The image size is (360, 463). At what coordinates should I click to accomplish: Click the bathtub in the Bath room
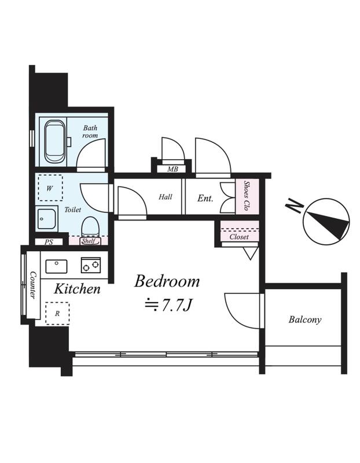coord(55,141)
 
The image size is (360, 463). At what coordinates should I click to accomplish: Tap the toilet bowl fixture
coord(90,226)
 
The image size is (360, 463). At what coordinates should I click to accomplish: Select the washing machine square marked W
coord(50,188)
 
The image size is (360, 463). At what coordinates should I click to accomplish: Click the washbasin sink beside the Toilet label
coord(47,219)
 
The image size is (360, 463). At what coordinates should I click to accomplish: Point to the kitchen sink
coord(56,266)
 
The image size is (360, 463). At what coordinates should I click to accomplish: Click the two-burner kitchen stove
coord(91,265)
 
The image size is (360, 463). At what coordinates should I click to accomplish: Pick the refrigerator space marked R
coord(57,313)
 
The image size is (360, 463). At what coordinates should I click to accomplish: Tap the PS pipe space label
coord(49,242)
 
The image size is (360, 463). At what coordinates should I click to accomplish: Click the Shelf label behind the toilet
coord(89,241)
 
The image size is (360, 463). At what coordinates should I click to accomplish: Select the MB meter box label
coord(172,169)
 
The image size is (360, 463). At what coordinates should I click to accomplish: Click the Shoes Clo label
coord(247,196)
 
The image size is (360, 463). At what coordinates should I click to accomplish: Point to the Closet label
coord(239,237)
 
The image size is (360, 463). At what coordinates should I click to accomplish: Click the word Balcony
coord(305,319)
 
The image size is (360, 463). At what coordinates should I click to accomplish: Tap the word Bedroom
coord(167,281)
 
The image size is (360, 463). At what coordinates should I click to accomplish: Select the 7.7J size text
coord(177,306)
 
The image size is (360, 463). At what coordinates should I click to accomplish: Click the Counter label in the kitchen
coord(33,285)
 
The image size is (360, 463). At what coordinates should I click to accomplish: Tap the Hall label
coord(166,197)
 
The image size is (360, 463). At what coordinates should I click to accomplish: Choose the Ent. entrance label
coord(205,198)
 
